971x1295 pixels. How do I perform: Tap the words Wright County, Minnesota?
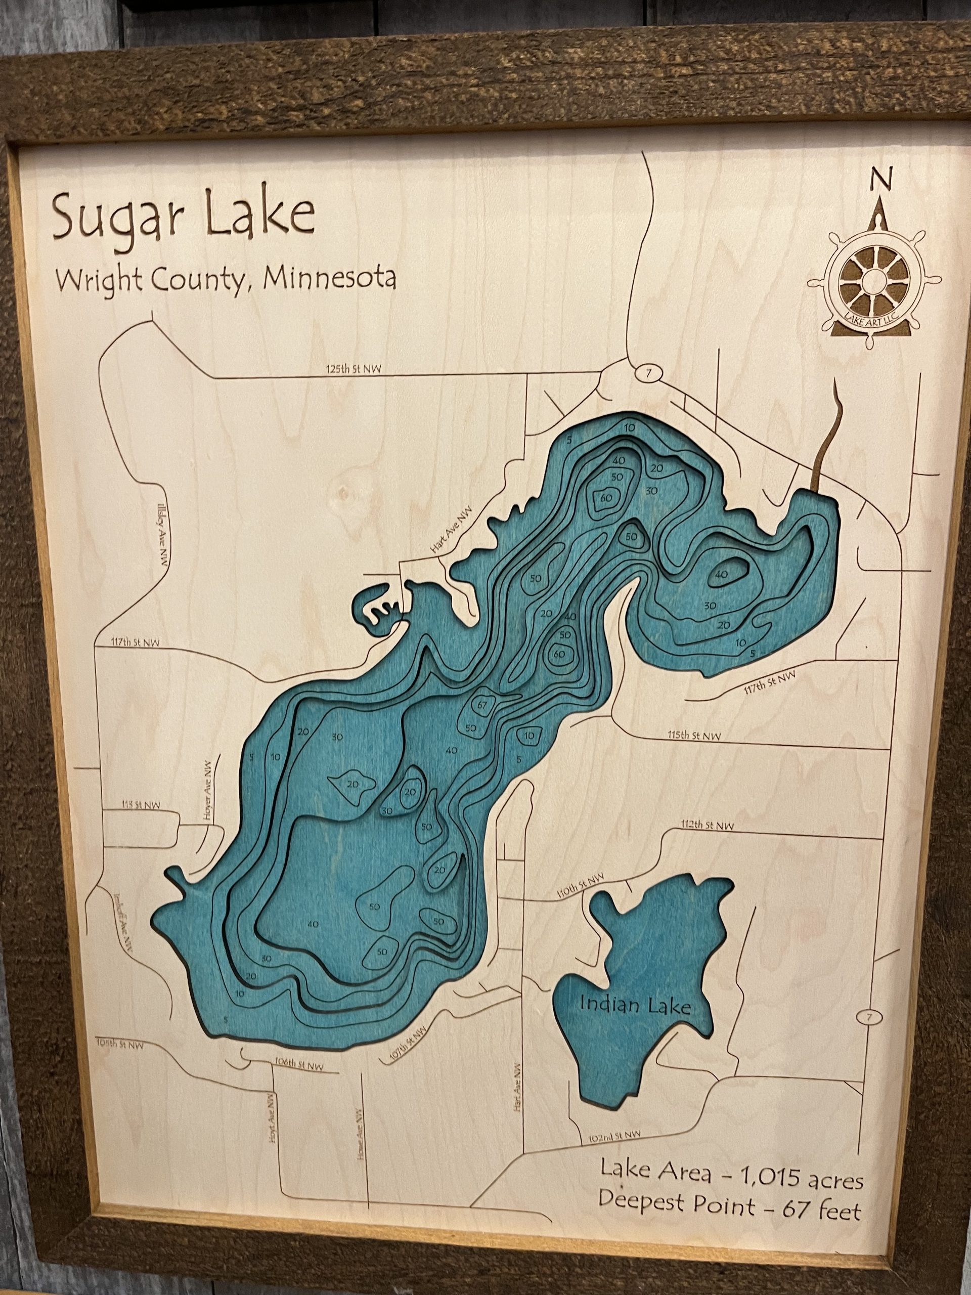(x=225, y=280)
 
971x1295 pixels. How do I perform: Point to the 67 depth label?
(x=481, y=705)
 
